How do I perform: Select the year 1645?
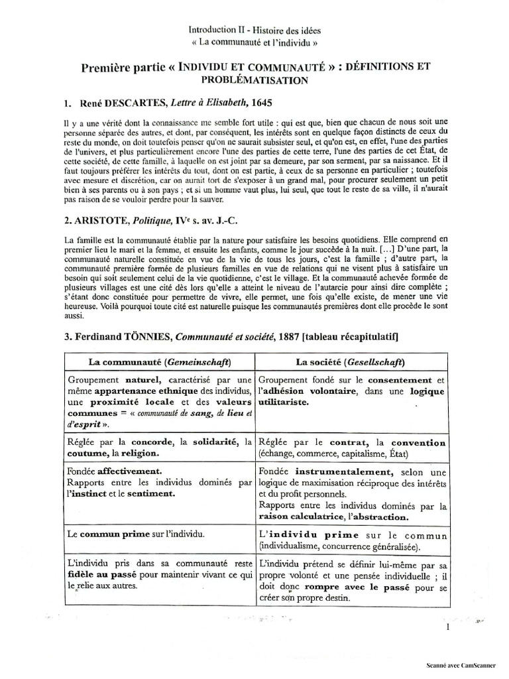(258, 103)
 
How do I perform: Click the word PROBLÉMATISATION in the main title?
(254, 80)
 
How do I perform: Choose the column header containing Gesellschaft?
(351, 363)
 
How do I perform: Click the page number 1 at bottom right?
(449, 626)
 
